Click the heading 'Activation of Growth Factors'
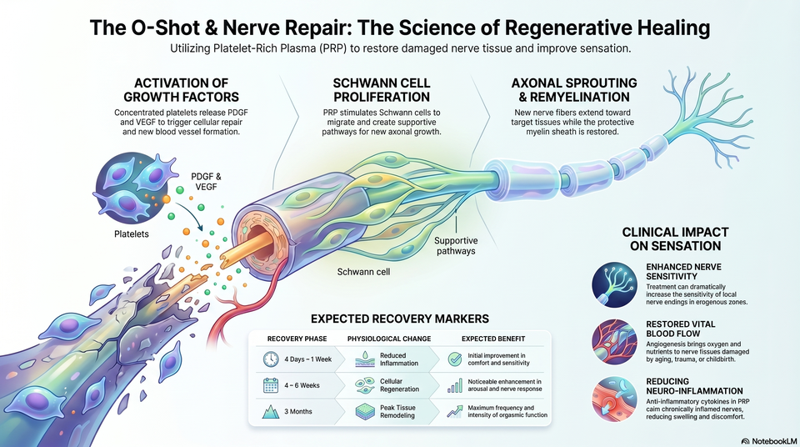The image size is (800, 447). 181,90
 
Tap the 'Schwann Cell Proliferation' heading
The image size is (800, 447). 382,90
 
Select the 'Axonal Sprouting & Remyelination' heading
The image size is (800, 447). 574,90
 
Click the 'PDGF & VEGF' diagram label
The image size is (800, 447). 206,181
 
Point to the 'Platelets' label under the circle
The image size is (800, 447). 132,234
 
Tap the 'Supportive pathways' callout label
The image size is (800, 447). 456,246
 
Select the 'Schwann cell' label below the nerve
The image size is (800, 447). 363,272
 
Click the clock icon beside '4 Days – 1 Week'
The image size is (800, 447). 271,359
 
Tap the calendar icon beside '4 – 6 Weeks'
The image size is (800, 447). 271,385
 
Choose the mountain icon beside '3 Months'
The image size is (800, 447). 271,411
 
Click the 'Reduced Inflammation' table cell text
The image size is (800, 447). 399,359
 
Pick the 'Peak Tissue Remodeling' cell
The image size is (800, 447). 397,411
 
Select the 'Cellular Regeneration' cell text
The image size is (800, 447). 399,385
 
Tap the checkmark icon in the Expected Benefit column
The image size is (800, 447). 455,359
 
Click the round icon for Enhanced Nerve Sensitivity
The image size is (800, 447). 615,285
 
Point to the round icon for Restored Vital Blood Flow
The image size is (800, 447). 615,342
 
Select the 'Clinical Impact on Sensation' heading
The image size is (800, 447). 675,239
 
